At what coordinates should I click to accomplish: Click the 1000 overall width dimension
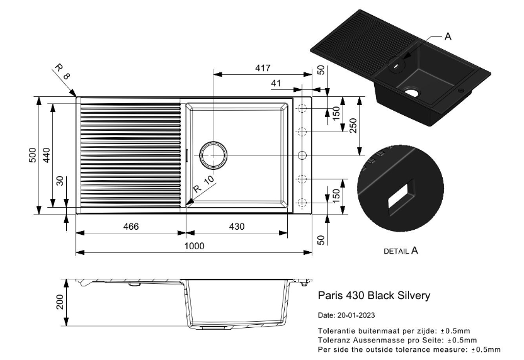click(195, 246)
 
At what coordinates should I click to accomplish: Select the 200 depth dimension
click(60, 303)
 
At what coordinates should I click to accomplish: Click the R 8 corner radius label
click(63, 72)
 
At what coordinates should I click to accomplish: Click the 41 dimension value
click(275, 83)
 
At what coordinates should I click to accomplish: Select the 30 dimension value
click(60, 182)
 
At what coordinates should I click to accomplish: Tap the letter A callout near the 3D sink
click(448, 37)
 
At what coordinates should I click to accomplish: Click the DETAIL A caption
click(401, 250)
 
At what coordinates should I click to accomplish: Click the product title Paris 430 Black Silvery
click(374, 295)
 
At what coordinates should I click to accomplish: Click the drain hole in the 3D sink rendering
click(413, 92)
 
